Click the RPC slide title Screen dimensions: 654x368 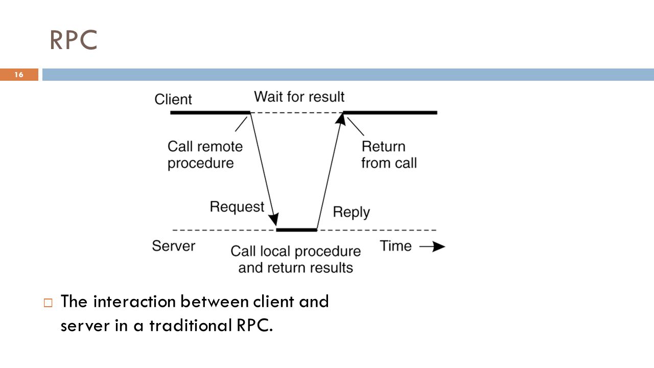coord(73,40)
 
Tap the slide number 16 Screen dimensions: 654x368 coord(19,75)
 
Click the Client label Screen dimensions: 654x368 coord(173,99)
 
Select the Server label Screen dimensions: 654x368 coord(173,246)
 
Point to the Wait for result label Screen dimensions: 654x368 coord(299,97)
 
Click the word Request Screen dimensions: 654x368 coord(237,207)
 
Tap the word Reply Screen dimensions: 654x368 coord(351,212)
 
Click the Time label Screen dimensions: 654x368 coord(395,246)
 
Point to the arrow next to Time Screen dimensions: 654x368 coord(432,246)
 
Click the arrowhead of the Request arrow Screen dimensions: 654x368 coord(274,219)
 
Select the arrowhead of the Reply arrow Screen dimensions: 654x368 coord(341,120)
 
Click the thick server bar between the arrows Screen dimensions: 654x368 coord(297,230)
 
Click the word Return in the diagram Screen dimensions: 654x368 coord(383,147)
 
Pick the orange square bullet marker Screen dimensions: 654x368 coord(48,303)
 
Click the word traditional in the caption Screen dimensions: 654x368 coord(191,326)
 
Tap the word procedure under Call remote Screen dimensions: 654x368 coord(201,163)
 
